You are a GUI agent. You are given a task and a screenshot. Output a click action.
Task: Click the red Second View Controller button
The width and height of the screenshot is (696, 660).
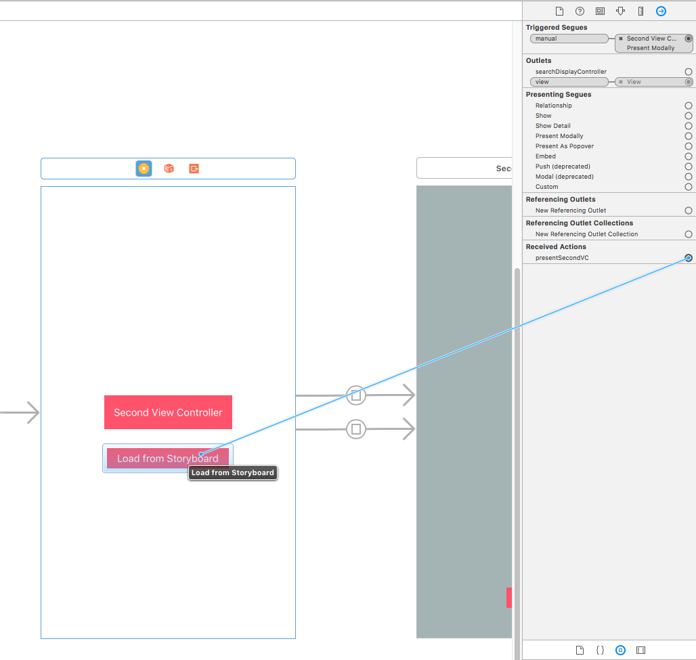168,412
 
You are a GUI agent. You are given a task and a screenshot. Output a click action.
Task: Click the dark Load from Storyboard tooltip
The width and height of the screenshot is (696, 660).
233,472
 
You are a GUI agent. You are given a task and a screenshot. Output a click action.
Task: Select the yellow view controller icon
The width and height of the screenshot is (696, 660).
144,169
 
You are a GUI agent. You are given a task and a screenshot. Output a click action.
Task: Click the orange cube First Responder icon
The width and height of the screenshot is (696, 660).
169,169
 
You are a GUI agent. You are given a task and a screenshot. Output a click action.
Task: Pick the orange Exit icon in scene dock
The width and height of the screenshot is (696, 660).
194,169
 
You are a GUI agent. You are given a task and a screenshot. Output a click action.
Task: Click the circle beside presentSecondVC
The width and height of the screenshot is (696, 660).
689,258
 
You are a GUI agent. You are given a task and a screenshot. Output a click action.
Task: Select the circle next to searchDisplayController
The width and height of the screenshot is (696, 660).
689,72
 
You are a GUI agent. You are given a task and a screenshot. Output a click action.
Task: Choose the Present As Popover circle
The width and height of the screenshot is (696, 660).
689,146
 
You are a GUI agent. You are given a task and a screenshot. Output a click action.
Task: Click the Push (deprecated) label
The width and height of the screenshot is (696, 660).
563,167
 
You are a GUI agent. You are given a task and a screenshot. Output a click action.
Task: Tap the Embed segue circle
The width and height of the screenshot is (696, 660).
689,156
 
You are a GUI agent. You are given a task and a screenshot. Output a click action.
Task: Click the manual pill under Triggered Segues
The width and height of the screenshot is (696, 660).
569,39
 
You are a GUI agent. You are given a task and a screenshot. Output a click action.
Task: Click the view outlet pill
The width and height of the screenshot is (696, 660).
569,82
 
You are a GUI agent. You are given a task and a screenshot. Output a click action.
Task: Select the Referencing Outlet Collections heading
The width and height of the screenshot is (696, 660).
580,223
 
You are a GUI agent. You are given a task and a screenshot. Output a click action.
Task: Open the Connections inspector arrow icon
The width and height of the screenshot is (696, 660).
661,11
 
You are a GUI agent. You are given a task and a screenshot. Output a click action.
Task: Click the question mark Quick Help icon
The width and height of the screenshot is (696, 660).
580,11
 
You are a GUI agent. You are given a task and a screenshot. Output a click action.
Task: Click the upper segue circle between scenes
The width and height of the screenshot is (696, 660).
356,395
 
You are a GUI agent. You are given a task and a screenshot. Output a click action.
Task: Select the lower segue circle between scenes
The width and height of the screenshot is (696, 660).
356,428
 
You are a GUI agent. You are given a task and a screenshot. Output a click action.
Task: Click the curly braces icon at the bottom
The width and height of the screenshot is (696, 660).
600,650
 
